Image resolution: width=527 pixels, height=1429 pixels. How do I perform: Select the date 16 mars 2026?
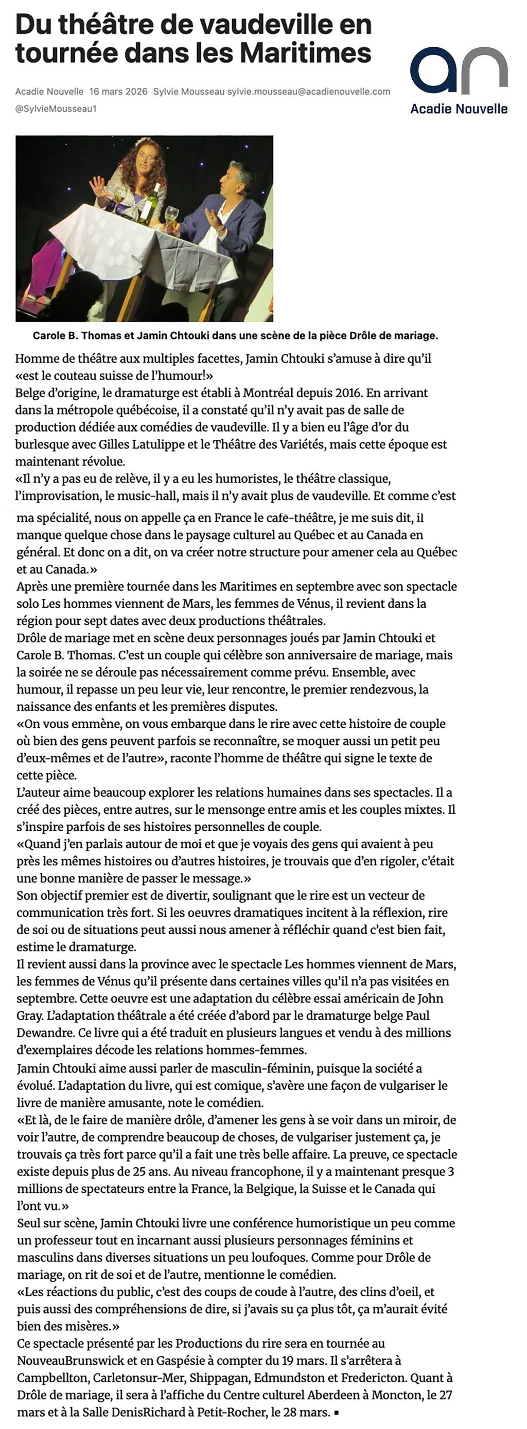click(118, 92)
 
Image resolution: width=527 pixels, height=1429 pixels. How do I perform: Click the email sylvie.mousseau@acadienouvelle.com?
click(308, 92)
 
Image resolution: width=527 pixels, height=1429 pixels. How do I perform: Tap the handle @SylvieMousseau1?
click(56, 109)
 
